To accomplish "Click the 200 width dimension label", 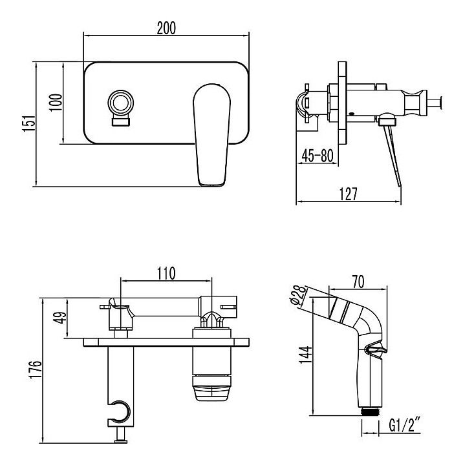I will point(166,28).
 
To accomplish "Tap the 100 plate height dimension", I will point(56,102).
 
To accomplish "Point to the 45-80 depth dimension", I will point(317,156).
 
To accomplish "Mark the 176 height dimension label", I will point(37,370).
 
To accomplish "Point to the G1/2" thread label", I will point(406,426).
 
